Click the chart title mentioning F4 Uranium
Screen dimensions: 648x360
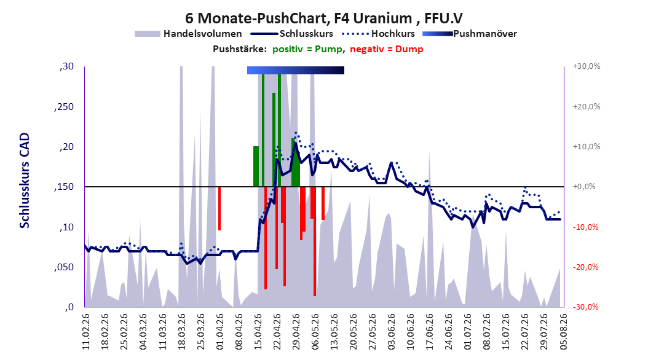[x=323, y=18]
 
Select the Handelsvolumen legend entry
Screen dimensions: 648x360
[x=188, y=34]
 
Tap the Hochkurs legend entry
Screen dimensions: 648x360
[x=378, y=34]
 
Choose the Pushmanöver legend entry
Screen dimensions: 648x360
[x=470, y=34]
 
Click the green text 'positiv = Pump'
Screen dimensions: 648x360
[x=307, y=49]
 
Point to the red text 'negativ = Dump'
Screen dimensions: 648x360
[x=387, y=49]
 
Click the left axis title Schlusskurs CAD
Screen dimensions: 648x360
[x=25, y=181]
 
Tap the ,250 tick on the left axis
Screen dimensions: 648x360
[x=64, y=106]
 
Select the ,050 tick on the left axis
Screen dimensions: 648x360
[x=64, y=267]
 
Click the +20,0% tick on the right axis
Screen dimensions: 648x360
[x=587, y=106]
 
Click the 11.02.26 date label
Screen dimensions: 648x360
[x=86, y=332]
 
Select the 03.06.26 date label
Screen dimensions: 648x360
[x=391, y=332]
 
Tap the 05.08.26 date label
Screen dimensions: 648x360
[x=563, y=332]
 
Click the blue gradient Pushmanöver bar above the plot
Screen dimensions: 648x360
[x=296, y=70]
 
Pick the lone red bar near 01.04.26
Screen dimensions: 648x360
[x=219, y=208]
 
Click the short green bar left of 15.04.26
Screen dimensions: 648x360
[x=256, y=166]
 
